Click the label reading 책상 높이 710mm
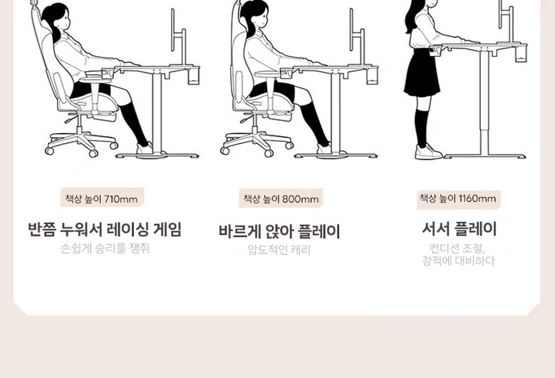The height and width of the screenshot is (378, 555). pyautogui.click(x=102, y=199)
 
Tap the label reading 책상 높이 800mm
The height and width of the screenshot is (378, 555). pyautogui.click(x=281, y=199)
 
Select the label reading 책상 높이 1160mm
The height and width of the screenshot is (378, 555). pyautogui.click(x=458, y=199)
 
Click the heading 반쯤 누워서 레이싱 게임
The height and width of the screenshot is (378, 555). pyautogui.click(x=105, y=229)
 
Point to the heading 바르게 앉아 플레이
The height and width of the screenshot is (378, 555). pyautogui.click(x=279, y=231)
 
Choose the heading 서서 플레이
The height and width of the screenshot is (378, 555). pyautogui.click(x=460, y=229)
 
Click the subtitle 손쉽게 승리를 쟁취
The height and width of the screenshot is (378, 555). pyautogui.click(x=105, y=248)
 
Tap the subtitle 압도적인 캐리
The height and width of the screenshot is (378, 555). pyautogui.click(x=279, y=250)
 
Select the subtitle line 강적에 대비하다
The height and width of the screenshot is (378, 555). pyautogui.click(x=458, y=261)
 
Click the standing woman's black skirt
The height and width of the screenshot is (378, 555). pyautogui.click(x=422, y=73)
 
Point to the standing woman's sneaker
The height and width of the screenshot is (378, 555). pyautogui.click(x=428, y=152)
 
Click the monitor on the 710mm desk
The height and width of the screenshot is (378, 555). pyautogui.click(x=173, y=30)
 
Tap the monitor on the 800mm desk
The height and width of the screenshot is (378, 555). pyautogui.click(x=352, y=30)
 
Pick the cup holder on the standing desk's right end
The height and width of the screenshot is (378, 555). pyautogui.click(x=521, y=53)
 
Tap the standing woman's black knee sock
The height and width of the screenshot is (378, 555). pyautogui.click(x=422, y=127)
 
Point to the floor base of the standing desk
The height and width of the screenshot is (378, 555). pyautogui.click(x=485, y=156)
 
